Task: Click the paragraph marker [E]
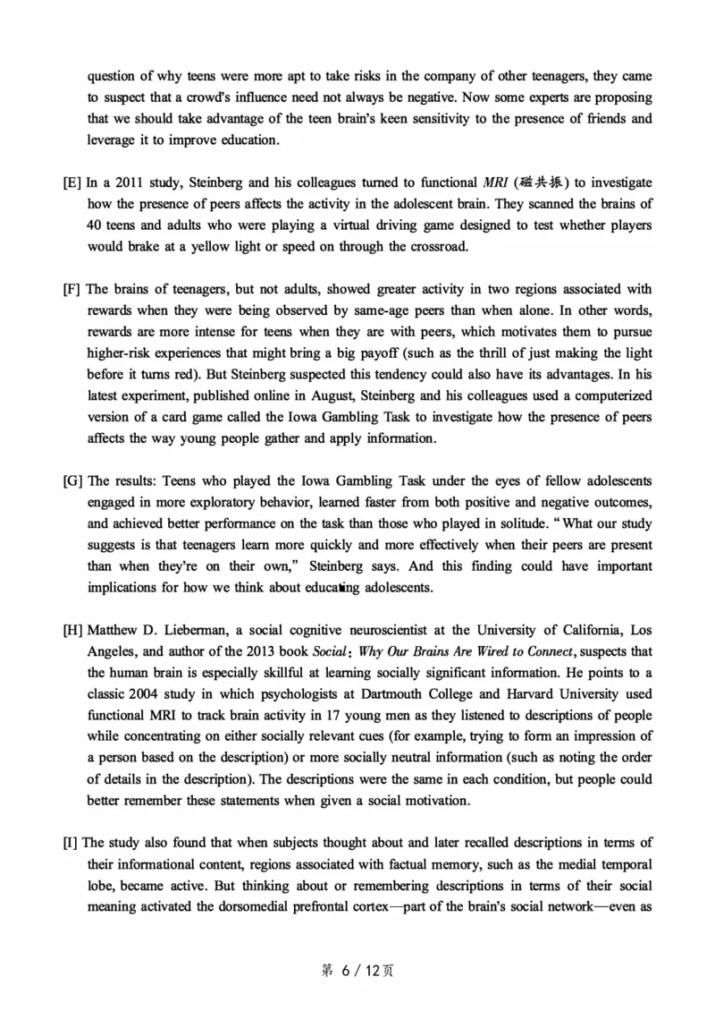click(x=72, y=183)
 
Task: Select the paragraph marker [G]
click(x=72, y=481)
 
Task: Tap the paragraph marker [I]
click(x=71, y=843)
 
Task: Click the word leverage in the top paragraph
click(x=116, y=140)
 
